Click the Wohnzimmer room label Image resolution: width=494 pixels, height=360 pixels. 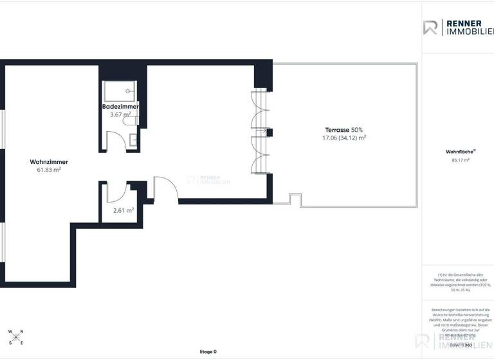coord(49,162)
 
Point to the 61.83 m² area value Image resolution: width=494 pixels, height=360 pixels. coord(49,170)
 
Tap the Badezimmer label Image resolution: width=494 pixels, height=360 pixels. coord(120,106)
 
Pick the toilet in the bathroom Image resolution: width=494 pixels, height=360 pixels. coord(131,119)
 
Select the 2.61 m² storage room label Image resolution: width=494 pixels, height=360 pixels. coord(123,210)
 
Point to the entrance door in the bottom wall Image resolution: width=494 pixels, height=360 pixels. coord(165,190)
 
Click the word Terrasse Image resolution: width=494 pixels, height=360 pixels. coord(337,129)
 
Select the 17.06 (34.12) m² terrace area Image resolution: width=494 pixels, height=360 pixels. coord(345,138)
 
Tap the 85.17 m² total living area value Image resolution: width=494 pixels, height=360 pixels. coord(461,160)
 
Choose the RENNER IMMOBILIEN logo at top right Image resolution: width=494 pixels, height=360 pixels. coord(458,28)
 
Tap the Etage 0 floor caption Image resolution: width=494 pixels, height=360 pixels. coord(208,352)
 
